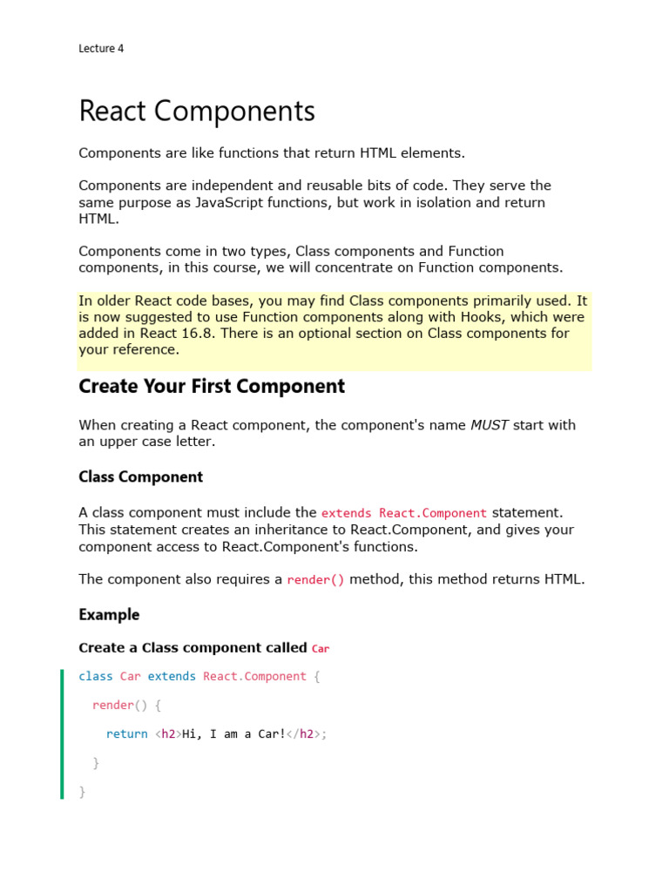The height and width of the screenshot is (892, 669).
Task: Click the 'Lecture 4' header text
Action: tap(101, 49)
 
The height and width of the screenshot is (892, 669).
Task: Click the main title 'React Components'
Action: tap(197, 111)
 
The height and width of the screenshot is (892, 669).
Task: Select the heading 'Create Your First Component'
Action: tap(212, 386)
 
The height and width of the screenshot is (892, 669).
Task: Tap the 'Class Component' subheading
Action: tap(140, 476)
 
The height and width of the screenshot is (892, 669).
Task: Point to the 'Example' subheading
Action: tap(109, 614)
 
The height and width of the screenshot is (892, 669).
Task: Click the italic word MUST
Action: tap(490, 425)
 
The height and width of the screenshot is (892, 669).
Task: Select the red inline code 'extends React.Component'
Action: tap(404, 513)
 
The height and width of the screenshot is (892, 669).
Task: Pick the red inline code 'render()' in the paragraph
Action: tap(316, 580)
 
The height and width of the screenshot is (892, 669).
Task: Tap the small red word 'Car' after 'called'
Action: tap(321, 648)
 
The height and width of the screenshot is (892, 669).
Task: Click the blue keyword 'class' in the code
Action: tap(96, 677)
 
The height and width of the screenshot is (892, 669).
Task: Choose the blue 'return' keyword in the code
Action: tap(127, 734)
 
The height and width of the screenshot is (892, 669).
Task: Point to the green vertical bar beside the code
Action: tap(62, 733)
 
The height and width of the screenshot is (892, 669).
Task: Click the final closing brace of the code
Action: tap(82, 792)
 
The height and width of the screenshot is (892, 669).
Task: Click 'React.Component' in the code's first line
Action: tap(254, 677)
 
